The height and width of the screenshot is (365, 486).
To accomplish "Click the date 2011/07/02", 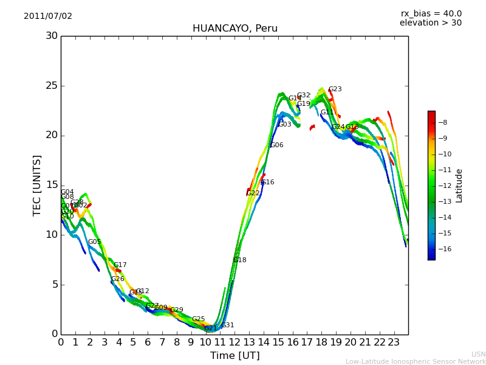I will [48, 16].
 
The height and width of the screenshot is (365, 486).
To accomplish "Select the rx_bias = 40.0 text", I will [431, 14].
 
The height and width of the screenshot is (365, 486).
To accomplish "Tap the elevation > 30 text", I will [431, 23].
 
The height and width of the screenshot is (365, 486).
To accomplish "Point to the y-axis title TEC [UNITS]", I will [37, 185].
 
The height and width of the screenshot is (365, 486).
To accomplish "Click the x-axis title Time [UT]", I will [234, 356].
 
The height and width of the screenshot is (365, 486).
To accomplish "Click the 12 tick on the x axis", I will [234, 342].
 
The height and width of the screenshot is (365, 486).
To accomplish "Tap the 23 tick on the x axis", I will [394, 342].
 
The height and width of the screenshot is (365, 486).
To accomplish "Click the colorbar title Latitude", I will [459, 186].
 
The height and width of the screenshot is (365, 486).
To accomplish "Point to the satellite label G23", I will [335, 89].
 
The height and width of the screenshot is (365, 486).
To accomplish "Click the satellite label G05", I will [94, 242].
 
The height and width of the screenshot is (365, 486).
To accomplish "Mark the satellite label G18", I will [240, 260].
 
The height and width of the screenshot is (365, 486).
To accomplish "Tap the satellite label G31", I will [227, 325].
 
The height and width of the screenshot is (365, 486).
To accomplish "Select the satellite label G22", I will [253, 193].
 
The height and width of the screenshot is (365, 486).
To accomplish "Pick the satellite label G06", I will [277, 145].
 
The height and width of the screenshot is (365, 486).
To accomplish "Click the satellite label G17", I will [120, 265].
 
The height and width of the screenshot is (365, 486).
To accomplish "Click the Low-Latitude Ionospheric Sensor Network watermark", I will [416, 362].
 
